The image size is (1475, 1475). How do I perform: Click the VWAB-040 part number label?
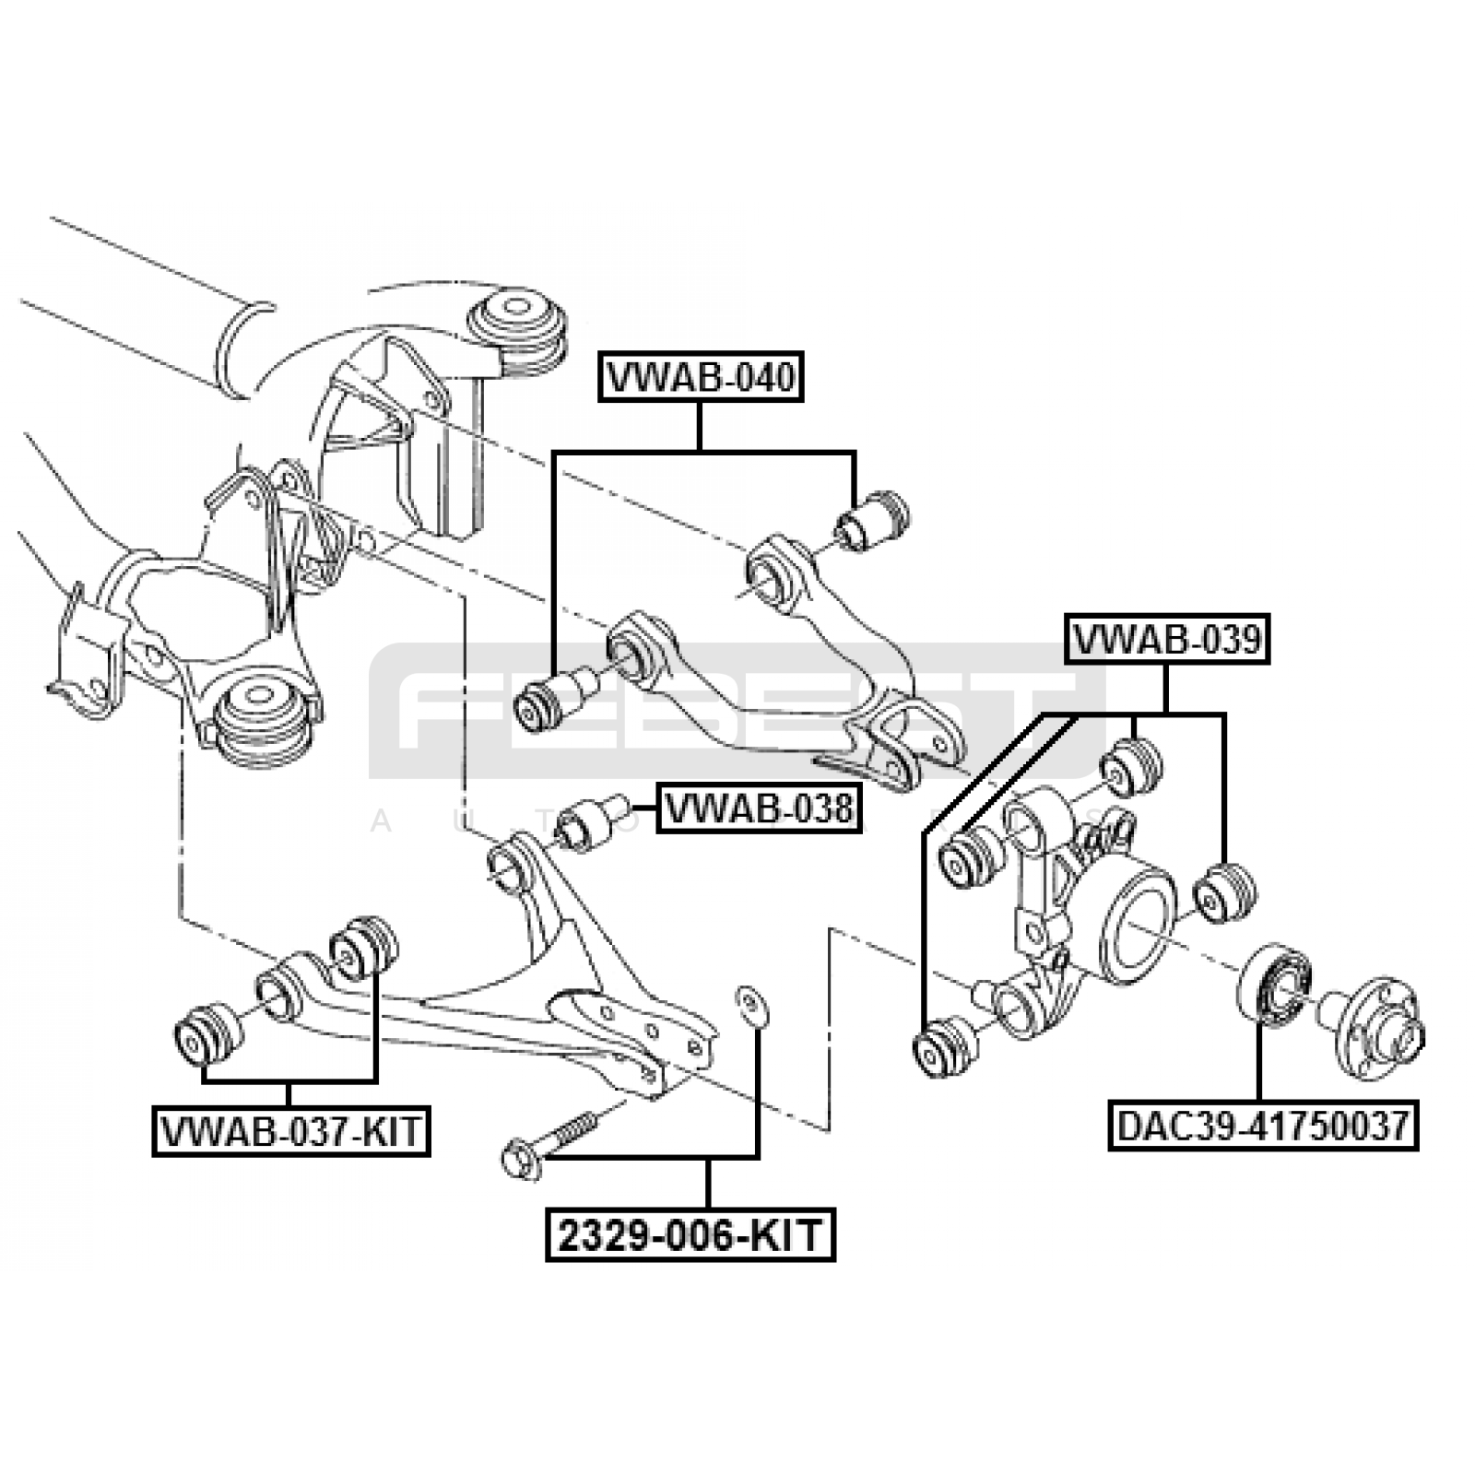click(701, 377)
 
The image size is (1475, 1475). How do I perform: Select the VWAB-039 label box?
click(1167, 639)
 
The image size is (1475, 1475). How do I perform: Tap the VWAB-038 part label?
click(758, 809)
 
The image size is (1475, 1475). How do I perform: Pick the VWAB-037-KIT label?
click(290, 1130)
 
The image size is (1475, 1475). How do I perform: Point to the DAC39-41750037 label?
click(1262, 1126)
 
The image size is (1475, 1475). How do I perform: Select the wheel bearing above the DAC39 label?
click(1275, 984)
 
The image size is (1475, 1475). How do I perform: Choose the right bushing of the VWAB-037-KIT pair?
click(365, 948)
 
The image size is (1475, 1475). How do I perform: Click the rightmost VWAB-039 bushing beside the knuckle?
click(1225, 892)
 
